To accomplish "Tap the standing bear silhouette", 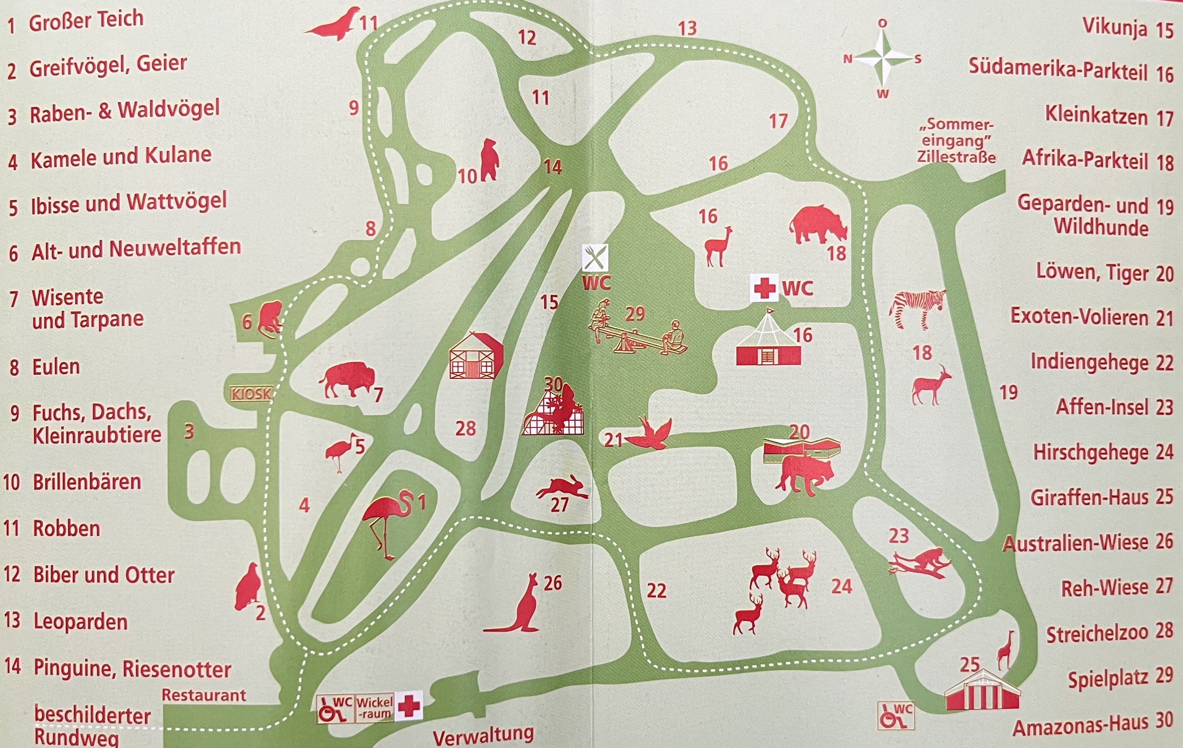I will coord(489,160).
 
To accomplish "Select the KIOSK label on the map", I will coord(251,394).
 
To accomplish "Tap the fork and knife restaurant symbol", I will coord(595,258).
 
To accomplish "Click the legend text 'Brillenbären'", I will coord(87,481).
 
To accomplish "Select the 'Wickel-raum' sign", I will coord(374,708).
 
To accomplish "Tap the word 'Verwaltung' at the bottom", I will coord(483,736).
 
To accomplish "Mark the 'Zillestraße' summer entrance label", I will coord(956,157).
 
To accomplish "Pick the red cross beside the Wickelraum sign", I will coord(409,707).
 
